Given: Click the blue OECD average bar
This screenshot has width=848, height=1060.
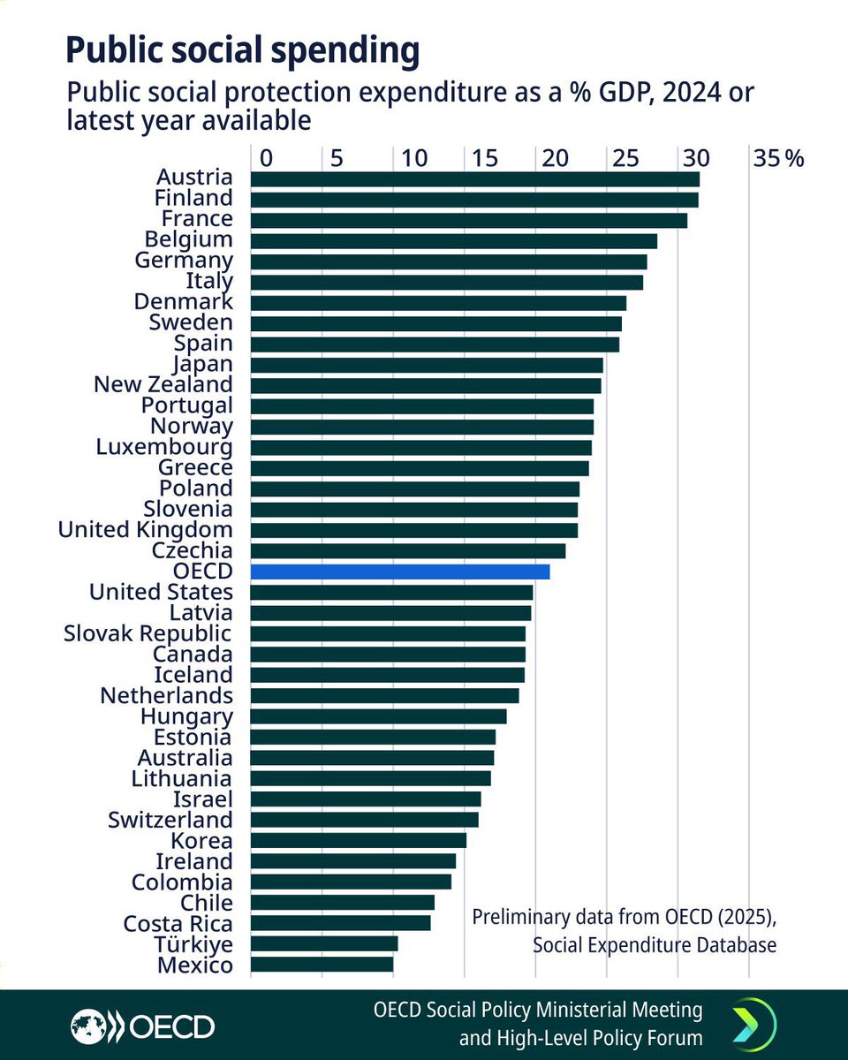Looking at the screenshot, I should pos(400,572).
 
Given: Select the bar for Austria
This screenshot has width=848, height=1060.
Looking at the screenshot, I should pos(475,179).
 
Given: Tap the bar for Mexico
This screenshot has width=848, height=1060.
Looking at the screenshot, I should pos(322,965).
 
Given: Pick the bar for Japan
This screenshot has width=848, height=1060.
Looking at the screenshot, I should pos(427,365).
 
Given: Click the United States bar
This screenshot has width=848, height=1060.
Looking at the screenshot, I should pos(391,592).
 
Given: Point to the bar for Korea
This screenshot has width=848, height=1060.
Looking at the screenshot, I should pos(359,840).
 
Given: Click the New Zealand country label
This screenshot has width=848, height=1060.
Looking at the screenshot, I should pos(163,385).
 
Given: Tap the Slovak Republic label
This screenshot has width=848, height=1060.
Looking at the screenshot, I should pos(148,633).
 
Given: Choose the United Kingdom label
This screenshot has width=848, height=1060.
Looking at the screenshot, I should pos(146,530).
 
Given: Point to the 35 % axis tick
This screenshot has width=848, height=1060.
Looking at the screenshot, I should pos(778,159).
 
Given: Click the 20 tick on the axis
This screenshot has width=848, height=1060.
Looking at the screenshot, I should pos(554,159).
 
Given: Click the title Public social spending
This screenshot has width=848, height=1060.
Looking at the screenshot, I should pos(242,51).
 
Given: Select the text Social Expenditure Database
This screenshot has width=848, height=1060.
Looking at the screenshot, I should pos(655,945).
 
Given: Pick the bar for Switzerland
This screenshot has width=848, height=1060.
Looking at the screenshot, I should pos(365,820).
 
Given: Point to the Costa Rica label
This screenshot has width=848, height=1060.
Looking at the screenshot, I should pos(178,924).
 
